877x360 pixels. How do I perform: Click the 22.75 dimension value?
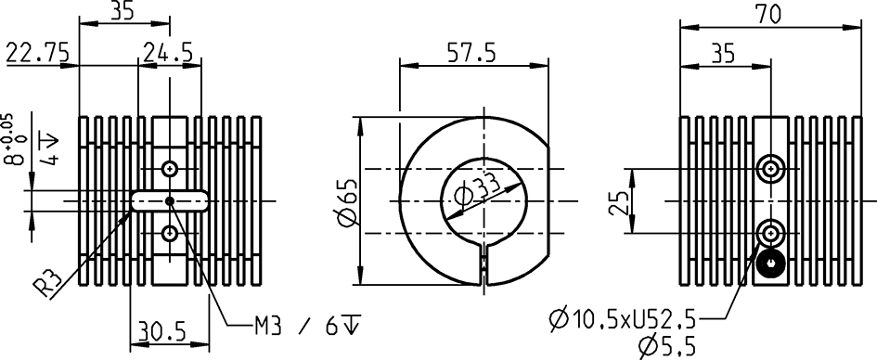tap(37, 55)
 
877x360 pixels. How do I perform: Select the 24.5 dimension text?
tap(168, 55)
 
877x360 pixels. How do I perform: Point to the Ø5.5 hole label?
tap(666, 347)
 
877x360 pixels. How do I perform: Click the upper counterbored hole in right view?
tap(770, 169)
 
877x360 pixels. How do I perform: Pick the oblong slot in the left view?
tap(169, 200)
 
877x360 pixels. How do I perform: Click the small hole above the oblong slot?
tap(169, 169)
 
